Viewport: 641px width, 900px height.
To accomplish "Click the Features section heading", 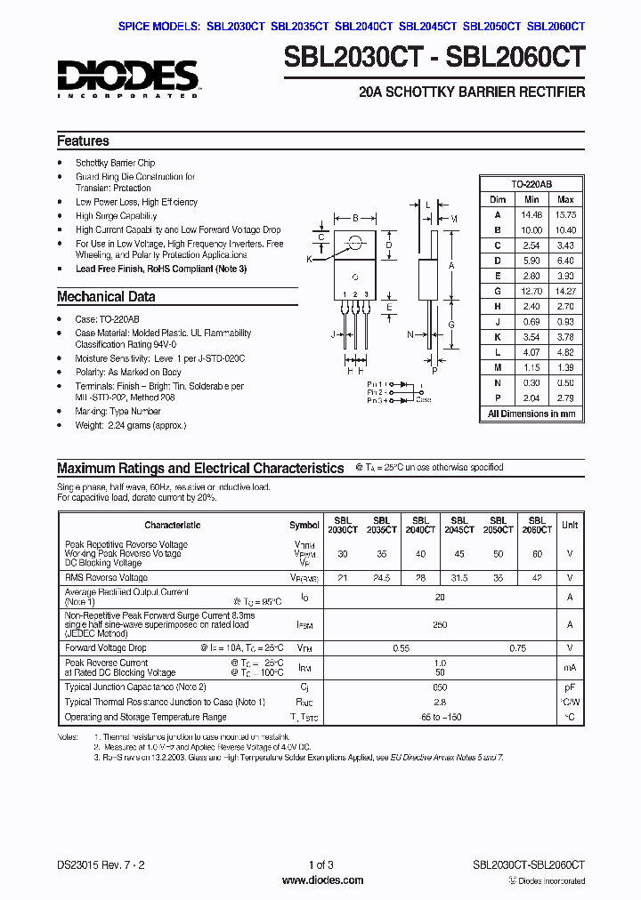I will point(83,141).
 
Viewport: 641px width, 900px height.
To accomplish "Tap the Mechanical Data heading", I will point(106,297).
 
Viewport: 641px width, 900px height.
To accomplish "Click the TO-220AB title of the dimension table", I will point(531,184).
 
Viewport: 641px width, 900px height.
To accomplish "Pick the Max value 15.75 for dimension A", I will point(564,214).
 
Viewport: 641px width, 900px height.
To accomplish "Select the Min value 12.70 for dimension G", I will point(531,291).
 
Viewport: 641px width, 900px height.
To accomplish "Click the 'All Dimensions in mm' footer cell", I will point(531,414).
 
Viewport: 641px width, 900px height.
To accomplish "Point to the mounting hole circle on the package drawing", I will point(357,241).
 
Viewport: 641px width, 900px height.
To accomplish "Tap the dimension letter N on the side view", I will point(410,334).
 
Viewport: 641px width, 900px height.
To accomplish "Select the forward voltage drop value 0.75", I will point(517,648).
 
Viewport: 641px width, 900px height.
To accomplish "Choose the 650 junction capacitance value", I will point(439,687).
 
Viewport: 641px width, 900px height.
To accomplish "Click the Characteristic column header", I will point(173,525).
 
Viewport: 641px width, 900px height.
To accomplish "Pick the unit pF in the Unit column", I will point(570,687).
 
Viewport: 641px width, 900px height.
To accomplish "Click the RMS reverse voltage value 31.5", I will point(459,578).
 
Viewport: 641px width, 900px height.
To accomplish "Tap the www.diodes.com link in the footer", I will point(321,880).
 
